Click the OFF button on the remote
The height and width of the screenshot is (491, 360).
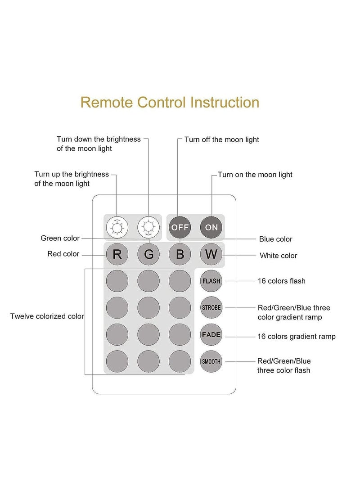[180, 227]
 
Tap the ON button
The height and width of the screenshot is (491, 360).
[211, 227]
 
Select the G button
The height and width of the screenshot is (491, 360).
[148, 254]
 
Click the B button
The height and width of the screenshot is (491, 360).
[180, 254]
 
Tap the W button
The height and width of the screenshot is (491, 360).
[211, 254]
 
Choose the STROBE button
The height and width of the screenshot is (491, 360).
[211, 308]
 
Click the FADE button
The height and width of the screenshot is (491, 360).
[211, 335]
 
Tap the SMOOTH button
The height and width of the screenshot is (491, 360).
[211, 361]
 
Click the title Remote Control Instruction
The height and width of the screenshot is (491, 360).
[170, 102]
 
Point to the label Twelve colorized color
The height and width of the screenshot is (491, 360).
[47, 316]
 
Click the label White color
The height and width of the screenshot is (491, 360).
[278, 256]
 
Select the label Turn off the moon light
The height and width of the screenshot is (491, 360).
[222, 140]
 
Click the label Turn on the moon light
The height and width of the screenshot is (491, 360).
[255, 175]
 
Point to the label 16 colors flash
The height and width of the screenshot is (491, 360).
[281, 281]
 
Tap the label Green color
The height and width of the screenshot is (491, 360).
[60, 238]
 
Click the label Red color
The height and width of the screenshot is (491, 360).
[63, 254]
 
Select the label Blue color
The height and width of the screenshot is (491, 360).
[275, 239]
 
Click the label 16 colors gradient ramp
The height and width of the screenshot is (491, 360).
[296, 336]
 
